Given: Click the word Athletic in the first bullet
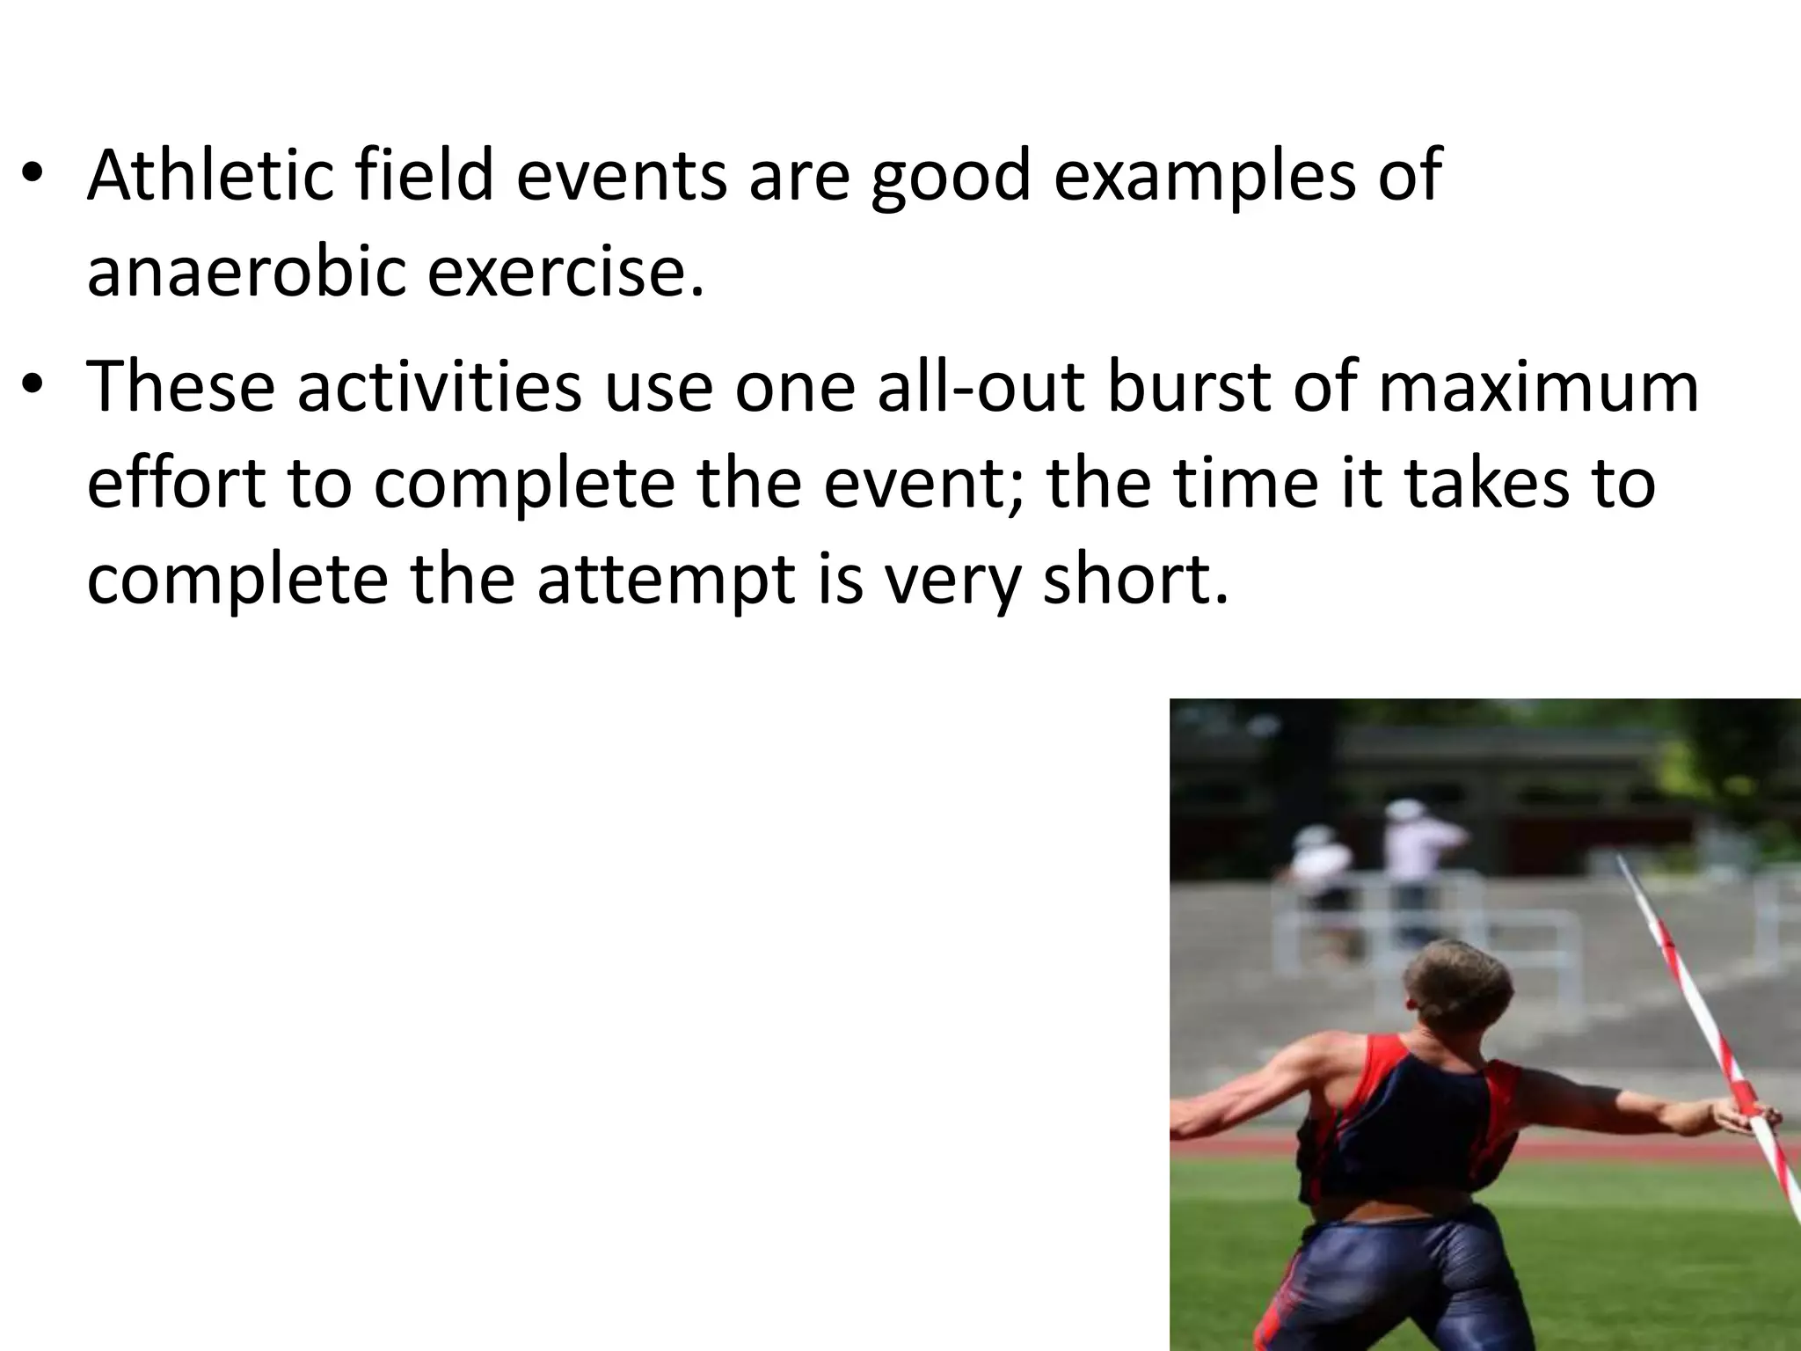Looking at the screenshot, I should click(209, 175).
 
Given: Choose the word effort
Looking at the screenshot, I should click(175, 483).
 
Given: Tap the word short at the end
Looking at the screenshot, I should click(1134, 580).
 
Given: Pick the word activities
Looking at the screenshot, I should click(440, 388).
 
